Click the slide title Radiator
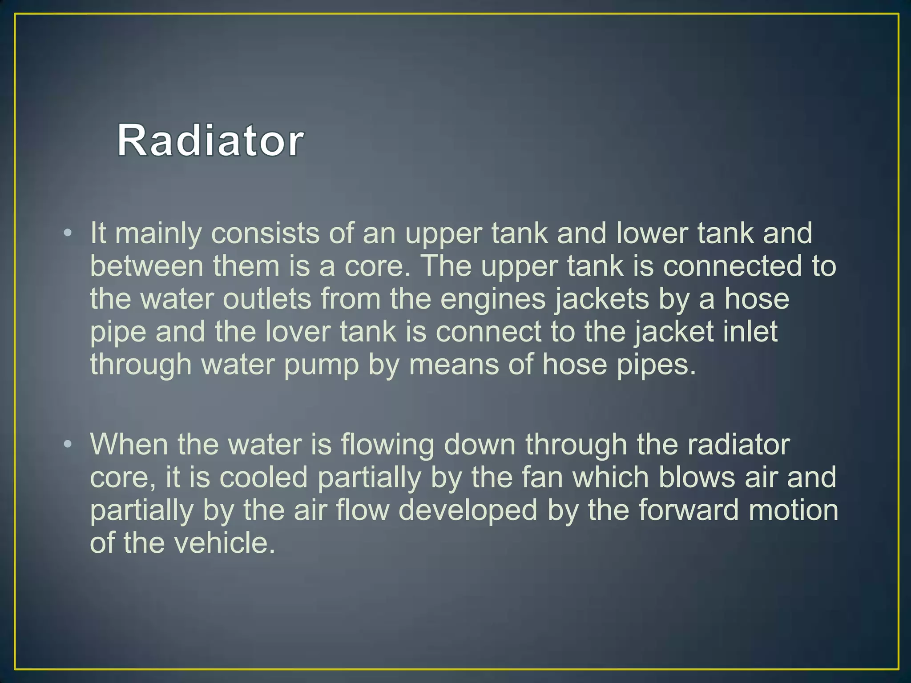click(x=210, y=141)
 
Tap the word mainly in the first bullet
click(x=158, y=234)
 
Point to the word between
click(x=147, y=266)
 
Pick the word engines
click(x=493, y=300)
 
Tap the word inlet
click(x=751, y=332)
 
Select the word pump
click(x=321, y=366)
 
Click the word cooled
click(x=263, y=478)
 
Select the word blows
click(x=697, y=478)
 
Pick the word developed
click(x=468, y=510)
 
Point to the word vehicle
click(x=224, y=543)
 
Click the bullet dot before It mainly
click(x=67, y=233)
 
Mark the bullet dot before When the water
click(x=67, y=443)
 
